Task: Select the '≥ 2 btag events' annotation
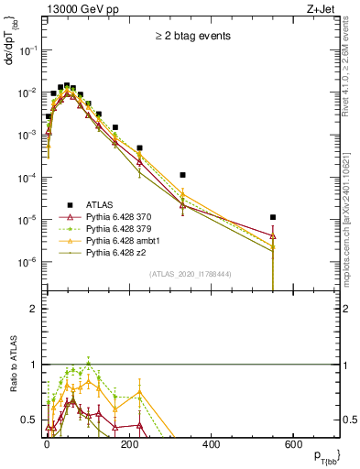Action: click(x=191, y=36)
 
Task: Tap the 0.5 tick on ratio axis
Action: click(x=30, y=420)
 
